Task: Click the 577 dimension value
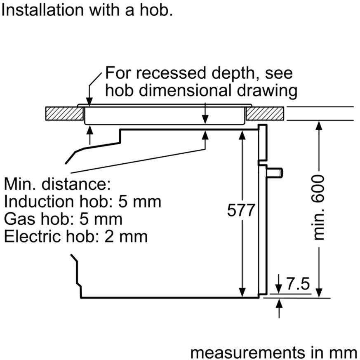click(x=241, y=210)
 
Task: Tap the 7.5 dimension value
click(x=298, y=284)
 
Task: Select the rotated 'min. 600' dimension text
click(x=318, y=207)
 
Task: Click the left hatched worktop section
click(x=64, y=113)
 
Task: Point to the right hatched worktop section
click(x=265, y=113)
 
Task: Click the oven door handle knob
click(x=275, y=172)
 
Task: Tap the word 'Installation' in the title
click(x=42, y=10)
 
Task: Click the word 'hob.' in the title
click(x=156, y=10)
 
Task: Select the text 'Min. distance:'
click(x=57, y=184)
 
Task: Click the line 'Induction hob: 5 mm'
click(x=82, y=201)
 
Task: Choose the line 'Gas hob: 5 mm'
click(x=63, y=219)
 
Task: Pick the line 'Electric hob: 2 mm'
click(x=76, y=236)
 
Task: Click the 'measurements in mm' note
click(x=274, y=353)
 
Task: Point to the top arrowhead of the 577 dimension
click(x=242, y=135)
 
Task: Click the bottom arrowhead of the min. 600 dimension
click(x=319, y=293)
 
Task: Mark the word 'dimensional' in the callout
click(x=187, y=90)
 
